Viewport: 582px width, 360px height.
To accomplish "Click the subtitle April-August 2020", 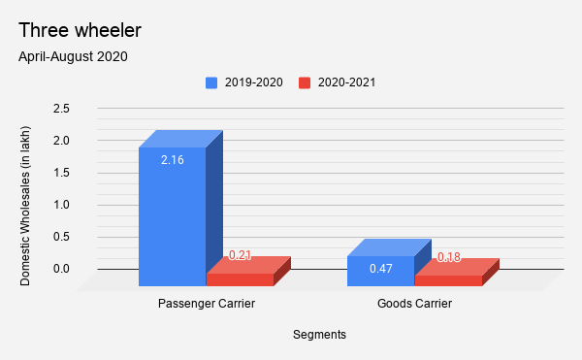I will (x=73, y=56).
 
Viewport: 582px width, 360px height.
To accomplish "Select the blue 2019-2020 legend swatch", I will (x=211, y=82).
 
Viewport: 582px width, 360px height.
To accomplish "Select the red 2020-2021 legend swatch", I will (x=305, y=82).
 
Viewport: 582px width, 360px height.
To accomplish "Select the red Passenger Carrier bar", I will (x=241, y=279).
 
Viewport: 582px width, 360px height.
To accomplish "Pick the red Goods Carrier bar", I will (x=449, y=280).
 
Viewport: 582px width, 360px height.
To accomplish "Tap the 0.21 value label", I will (x=239, y=255).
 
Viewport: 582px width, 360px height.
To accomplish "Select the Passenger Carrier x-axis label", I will (x=207, y=304).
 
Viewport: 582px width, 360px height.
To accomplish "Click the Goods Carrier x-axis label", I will (x=414, y=304).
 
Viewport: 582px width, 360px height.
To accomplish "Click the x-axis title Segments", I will (x=319, y=334).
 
